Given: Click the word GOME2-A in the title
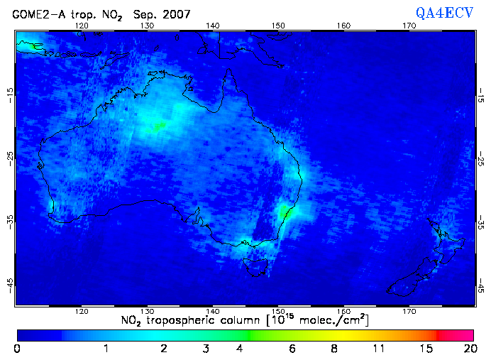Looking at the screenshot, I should point(35,14).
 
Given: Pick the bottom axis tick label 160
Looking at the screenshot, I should point(343,312).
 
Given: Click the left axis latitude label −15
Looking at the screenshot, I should point(9,94).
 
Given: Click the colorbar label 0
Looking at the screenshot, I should point(16,349).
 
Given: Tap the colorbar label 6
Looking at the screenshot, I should point(292,349).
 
